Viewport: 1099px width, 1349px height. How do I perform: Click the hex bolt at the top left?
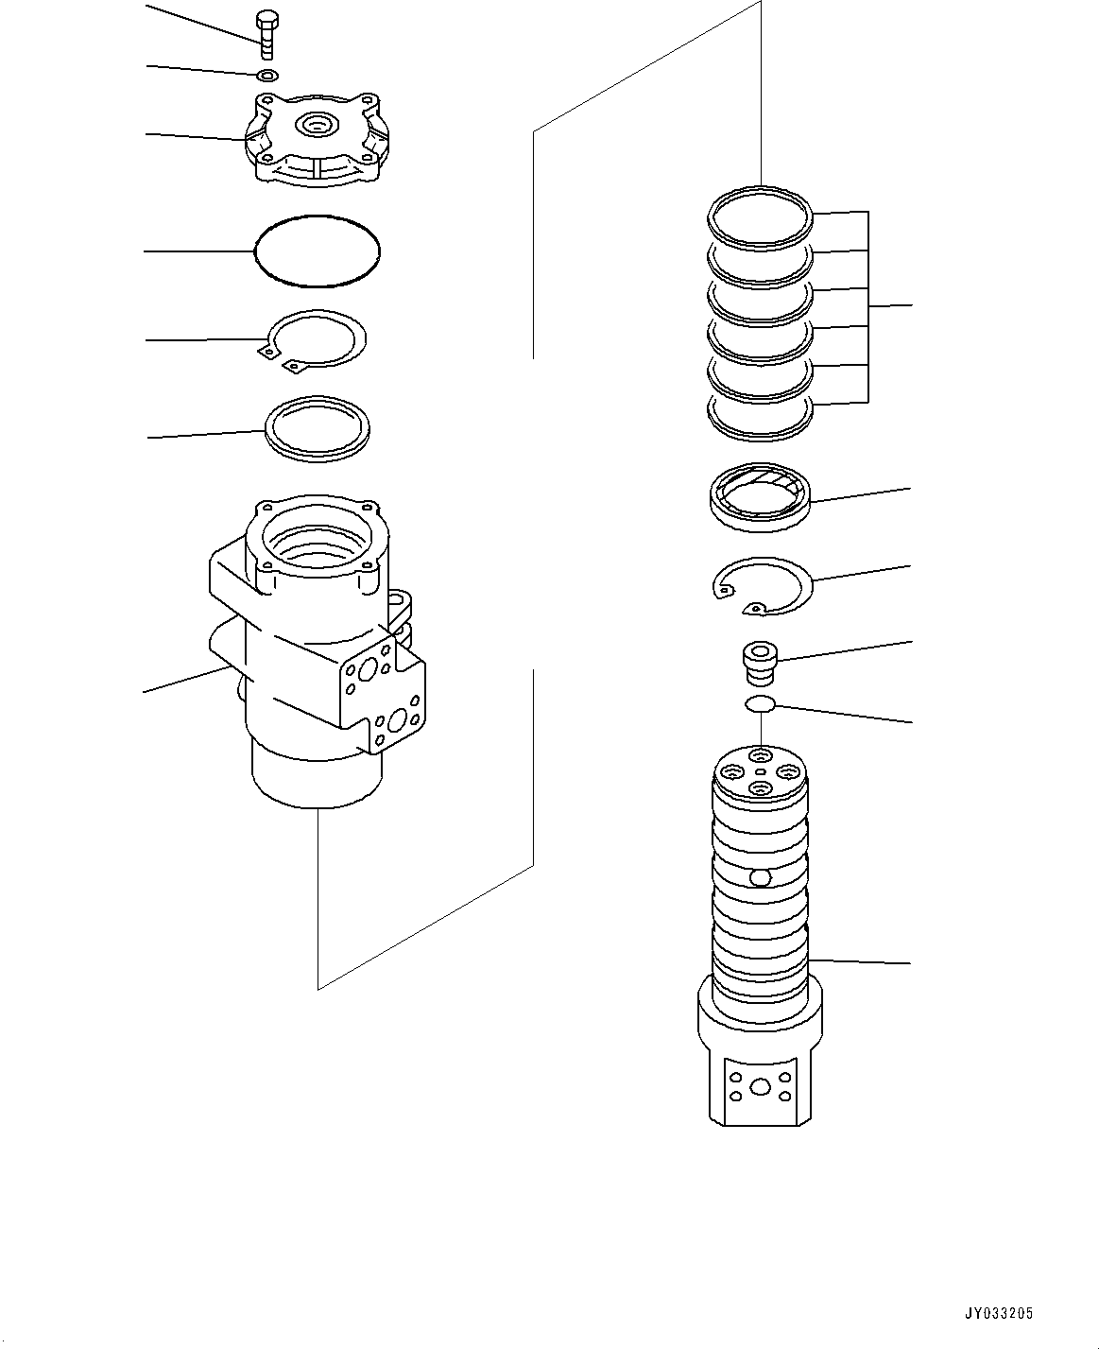[266, 35]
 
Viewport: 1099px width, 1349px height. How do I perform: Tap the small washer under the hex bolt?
[266, 76]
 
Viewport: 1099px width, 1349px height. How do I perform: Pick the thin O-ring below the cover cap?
[318, 251]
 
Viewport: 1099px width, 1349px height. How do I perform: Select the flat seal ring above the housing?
[318, 428]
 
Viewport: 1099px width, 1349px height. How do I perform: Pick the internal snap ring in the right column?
[762, 586]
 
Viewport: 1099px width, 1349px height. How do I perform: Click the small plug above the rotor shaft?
[759, 661]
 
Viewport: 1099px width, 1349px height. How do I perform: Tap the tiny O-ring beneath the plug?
[761, 703]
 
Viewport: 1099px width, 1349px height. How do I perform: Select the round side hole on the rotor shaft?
[761, 878]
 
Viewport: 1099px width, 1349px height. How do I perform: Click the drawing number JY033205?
[1000, 1313]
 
